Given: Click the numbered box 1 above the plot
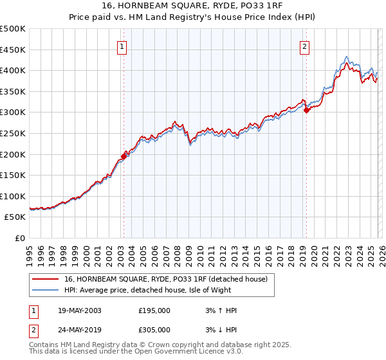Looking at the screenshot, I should pyautogui.click(x=122, y=46).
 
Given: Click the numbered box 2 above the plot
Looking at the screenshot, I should pyautogui.click(x=304, y=46).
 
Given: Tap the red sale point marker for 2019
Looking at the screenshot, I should pyautogui.click(x=306, y=110).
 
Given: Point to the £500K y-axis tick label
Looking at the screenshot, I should pyautogui.click(x=13, y=29).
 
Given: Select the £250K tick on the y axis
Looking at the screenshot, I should pyautogui.click(x=13, y=133).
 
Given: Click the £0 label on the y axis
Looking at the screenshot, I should pyautogui.click(x=19, y=238).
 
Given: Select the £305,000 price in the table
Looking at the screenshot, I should pyautogui.click(x=154, y=329).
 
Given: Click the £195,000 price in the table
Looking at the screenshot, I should pyautogui.click(x=154, y=310).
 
